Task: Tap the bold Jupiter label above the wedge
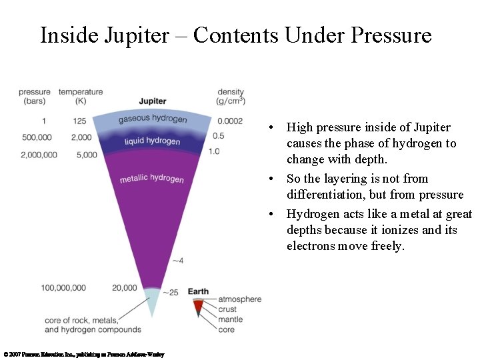pos(153,101)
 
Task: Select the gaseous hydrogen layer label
pos(153,119)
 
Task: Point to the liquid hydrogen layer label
pos(152,141)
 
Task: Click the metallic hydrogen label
pos(152,179)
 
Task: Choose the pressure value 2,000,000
pos(39,155)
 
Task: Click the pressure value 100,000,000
pos(63,288)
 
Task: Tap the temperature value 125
pos(80,121)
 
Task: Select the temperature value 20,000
pos(125,288)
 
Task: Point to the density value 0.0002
pos(230,121)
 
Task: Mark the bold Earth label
pos(198,292)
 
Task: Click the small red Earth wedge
pos(198,306)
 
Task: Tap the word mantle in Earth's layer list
pos(231,319)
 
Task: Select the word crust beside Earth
pos(227,309)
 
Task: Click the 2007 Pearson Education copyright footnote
pos(83,355)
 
